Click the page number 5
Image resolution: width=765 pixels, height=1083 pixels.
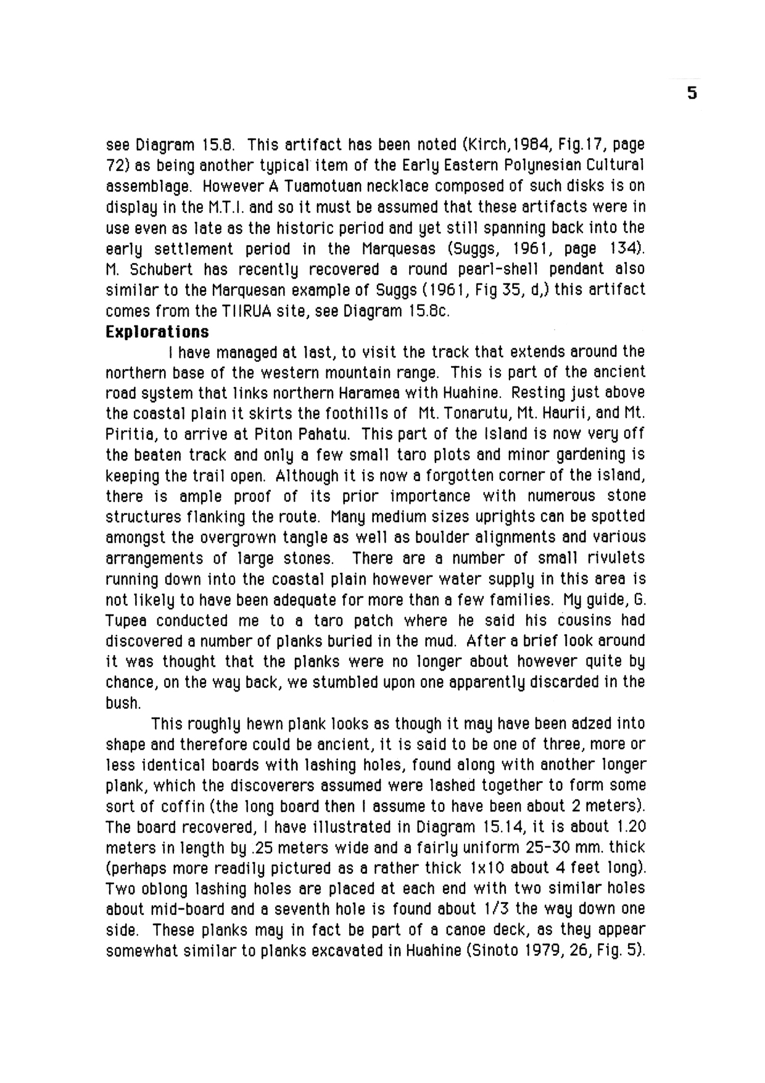(x=692, y=93)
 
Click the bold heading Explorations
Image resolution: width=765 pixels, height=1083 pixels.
(x=157, y=332)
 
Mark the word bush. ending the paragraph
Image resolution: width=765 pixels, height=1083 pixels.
(x=124, y=703)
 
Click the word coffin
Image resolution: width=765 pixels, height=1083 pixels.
(x=183, y=806)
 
